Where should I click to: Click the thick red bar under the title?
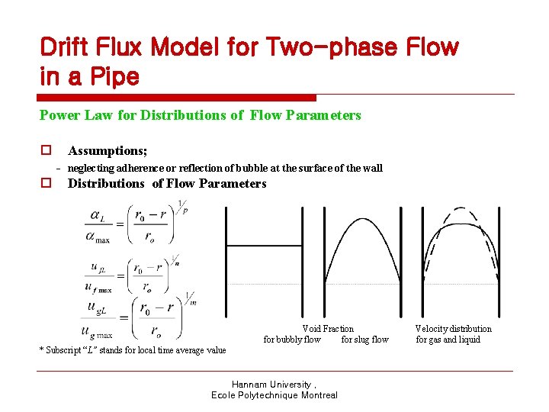(177, 98)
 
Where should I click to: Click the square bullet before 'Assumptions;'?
(47, 151)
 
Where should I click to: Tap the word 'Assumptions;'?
(108, 151)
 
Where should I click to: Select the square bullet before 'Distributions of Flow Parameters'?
(47, 183)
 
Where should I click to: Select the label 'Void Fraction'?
(328, 329)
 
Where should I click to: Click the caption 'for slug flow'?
(364, 340)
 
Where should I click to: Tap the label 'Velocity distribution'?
(454, 329)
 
